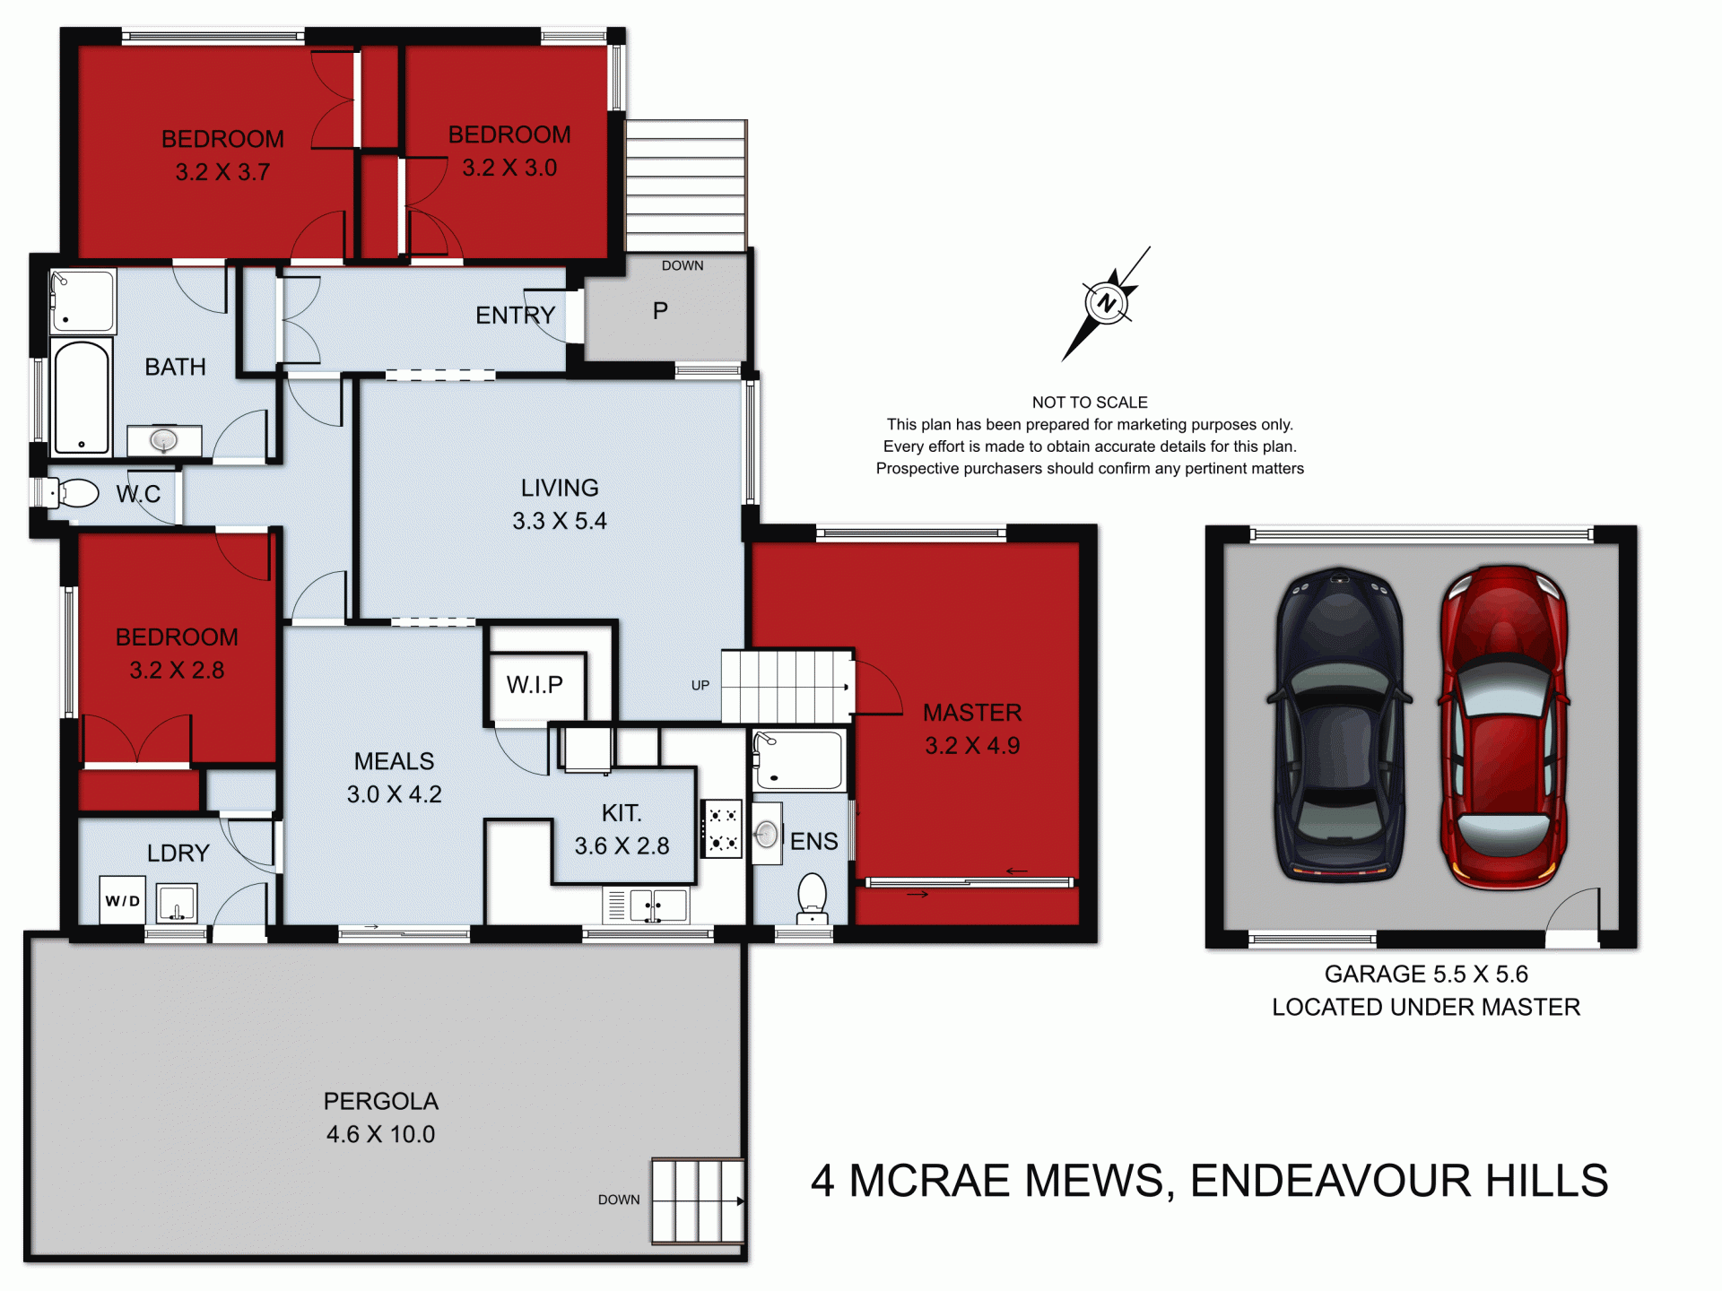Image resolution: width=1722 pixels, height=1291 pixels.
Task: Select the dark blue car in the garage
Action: pos(1339,724)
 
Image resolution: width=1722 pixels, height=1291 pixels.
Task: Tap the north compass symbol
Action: pos(1106,303)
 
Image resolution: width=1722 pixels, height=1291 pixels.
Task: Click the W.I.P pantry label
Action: pos(535,685)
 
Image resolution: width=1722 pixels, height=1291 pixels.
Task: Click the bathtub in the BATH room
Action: pos(82,397)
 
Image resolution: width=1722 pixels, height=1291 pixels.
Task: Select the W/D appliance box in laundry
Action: pos(123,900)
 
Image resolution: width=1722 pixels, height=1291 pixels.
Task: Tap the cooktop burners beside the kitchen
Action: pos(722,829)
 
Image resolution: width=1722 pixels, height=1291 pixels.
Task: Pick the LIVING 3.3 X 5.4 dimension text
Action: pos(560,521)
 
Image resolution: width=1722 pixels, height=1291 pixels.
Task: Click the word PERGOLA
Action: pos(380,1101)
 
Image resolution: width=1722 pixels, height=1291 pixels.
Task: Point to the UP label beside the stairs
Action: pos(700,685)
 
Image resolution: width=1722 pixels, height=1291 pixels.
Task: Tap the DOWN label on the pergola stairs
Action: pos(619,1200)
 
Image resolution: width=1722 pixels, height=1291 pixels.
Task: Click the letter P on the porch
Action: pos(660,311)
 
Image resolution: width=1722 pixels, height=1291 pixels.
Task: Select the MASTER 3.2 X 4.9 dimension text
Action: pos(972,745)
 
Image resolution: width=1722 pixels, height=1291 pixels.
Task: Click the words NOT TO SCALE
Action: pos(1090,403)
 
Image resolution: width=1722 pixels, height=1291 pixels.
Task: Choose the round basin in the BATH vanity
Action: pos(163,440)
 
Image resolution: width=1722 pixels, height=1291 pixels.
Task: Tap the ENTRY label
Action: pos(515,316)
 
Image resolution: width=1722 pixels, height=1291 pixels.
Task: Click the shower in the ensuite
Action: pos(799,760)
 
